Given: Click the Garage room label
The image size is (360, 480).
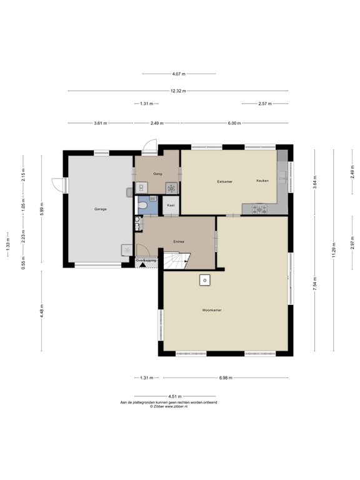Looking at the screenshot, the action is click(x=101, y=209).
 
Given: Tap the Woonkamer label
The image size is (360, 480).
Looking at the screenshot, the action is click(x=212, y=310).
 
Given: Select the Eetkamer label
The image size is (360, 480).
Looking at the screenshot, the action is click(x=225, y=181).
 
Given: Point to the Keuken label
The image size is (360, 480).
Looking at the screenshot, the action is click(x=262, y=181).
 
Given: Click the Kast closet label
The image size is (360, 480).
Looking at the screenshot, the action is click(x=171, y=205).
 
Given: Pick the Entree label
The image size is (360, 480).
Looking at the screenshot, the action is click(x=179, y=242).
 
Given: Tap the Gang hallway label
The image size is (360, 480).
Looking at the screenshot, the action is click(x=157, y=174).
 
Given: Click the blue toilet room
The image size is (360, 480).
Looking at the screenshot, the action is click(x=148, y=205).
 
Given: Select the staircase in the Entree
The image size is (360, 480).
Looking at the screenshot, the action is click(x=177, y=261).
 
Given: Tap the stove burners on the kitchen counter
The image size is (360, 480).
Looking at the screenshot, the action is click(x=259, y=209).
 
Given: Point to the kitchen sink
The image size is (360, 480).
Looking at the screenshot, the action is click(x=282, y=177).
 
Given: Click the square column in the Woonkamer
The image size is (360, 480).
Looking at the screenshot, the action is click(x=205, y=280).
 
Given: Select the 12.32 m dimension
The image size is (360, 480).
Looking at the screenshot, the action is click(x=178, y=91).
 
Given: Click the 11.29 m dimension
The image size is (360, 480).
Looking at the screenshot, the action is click(x=334, y=250).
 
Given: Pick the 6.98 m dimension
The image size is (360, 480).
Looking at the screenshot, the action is click(x=226, y=377).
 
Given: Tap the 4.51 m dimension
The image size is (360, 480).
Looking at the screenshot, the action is click(x=175, y=396).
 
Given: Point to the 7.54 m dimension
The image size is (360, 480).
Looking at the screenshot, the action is click(x=315, y=284).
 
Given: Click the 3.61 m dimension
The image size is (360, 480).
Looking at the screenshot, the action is click(x=101, y=123).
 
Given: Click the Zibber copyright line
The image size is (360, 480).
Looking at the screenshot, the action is click(x=169, y=406).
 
